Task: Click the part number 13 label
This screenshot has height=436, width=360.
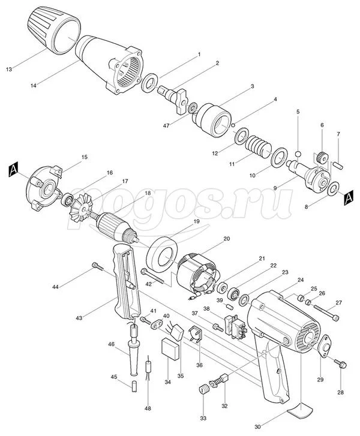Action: [9, 69]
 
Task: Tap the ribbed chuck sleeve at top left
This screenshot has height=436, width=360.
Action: [54, 31]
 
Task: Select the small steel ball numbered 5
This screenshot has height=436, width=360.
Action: [298, 154]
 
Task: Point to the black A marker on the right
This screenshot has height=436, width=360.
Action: [349, 197]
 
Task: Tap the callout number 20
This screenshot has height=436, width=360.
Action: [227, 239]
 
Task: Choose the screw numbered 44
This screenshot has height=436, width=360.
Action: [98, 266]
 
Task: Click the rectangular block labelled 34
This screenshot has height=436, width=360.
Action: [170, 349]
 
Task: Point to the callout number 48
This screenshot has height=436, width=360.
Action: [148, 408]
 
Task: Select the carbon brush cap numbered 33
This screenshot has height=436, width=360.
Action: [203, 389]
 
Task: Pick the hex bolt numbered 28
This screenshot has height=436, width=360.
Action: [341, 363]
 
